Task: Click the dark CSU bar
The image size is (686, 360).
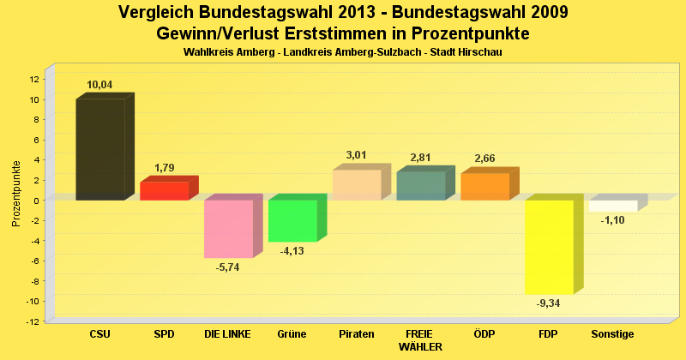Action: click(x=100, y=150)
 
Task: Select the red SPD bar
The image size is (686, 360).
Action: click(x=164, y=191)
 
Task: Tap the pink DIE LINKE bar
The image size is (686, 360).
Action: click(x=228, y=229)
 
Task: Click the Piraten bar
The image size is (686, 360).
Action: click(x=357, y=185)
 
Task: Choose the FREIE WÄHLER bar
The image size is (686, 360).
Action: click(x=421, y=186)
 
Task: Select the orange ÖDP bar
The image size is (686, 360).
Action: click(x=485, y=187)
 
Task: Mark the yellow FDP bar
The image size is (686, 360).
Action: click(x=549, y=247)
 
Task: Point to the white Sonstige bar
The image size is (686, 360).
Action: click(x=613, y=206)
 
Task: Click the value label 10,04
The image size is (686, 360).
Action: click(x=99, y=85)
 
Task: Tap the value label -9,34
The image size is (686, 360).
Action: click(x=549, y=303)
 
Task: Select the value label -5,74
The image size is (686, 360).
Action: click(x=228, y=267)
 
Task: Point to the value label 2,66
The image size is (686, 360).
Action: click(x=485, y=159)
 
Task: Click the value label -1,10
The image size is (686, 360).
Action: click(x=613, y=220)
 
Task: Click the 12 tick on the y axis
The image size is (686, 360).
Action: click(x=34, y=79)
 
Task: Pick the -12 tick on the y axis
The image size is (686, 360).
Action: click(x=33, y=321)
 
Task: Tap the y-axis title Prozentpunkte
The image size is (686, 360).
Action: click(x=16, y=193)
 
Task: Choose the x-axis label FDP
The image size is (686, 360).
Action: click(x=549, y=333)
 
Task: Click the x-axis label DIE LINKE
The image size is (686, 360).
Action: click(x=227, y=333)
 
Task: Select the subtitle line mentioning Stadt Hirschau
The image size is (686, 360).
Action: click(x=342, y=52)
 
